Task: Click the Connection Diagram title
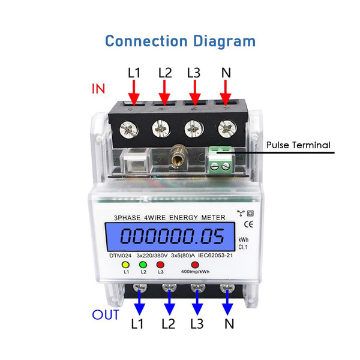[x=180, y=41]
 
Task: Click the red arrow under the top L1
[x=134, y=93]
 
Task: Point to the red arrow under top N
[x=226, y=93]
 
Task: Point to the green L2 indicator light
[x=144, y=264]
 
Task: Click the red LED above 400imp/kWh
[x=195, y=264]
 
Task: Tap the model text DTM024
[x=121, y=254]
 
